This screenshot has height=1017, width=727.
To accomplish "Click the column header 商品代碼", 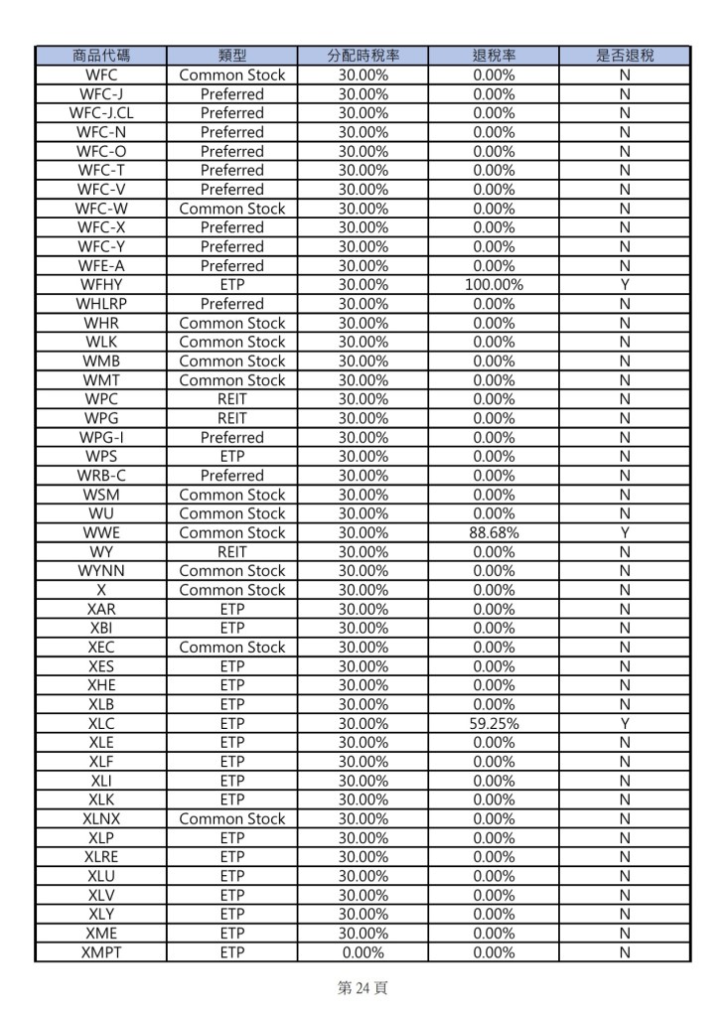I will click(x=101, y=56).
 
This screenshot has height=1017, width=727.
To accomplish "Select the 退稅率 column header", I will click(x=494, y=56).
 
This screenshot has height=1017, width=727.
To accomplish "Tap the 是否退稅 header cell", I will click(x=625, y=56).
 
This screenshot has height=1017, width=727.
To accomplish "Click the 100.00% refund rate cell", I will click(x=494, y=285).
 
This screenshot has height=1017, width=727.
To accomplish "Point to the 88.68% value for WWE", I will click(x=494, y=533).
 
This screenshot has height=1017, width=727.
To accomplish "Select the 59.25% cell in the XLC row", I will click(x=494, y=724).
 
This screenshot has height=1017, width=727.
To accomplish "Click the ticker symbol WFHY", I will click(x=101, y=285).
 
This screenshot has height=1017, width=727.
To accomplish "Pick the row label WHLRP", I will click(x=101, y=304).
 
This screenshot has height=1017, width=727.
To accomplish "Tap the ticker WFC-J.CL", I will click(x=101, y=113).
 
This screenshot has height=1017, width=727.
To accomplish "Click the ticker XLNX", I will click(x=101, y=819).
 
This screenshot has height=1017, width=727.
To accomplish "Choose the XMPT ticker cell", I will click(x=101, y=952).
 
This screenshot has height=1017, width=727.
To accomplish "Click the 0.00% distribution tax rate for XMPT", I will click(x=363, y=952).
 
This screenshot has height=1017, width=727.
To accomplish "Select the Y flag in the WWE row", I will click(x=625, y=533).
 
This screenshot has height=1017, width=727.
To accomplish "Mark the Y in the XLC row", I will click(x=625, y=724).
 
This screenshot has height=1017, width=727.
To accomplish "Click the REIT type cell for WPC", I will click(x=232, y=399).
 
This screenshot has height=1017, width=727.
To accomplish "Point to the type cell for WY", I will click(x=232, y=552).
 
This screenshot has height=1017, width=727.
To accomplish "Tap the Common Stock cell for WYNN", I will click(x=232, y=571).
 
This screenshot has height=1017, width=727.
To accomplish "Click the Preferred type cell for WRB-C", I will click(x=232, y=476).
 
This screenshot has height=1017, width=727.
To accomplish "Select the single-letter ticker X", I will click(x=101, y=590).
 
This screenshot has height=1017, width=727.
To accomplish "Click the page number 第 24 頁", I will click(x=363, y=989).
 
